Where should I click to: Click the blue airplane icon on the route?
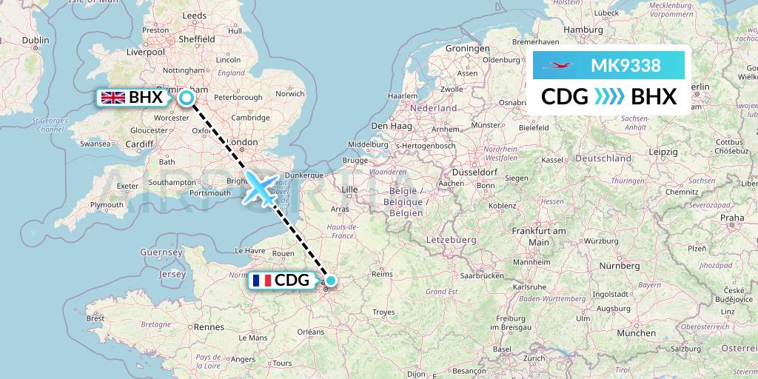coord(261,188)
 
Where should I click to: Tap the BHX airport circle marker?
coord(186,97)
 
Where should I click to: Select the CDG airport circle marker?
coord(331,281)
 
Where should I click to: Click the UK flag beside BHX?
coord(113,97)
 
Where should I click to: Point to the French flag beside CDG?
coord(260,281)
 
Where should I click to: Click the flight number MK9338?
coord(625,66)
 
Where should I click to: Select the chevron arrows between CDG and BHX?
coord(609,96)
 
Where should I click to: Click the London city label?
coord(243,142)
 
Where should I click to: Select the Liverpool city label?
coord(145,53)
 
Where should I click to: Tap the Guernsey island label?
coord(161,252)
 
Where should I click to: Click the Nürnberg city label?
coord(620,266)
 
